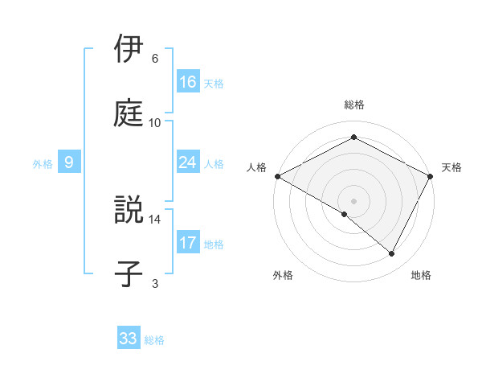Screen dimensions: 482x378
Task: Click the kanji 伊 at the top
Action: pyautogui.click(x=129, y=49)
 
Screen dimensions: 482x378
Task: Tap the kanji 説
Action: pyautogui.click(x=129, y=211)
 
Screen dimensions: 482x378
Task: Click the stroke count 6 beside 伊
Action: pyautogui.click(x=155, y=59)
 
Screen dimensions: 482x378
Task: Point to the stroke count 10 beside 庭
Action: pyautogui.click(x=155, y=122)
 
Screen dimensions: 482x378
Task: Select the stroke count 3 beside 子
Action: pyautogui.click(x=155, y=283)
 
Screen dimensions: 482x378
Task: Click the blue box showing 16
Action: pyautogui.click(x=188, y=82)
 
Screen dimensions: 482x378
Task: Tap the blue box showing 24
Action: pyautogui.click(x=188, y=162)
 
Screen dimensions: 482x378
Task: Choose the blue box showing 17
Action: pyautogui.click(x=188, y=243)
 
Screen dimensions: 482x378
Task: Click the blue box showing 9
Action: pyautogui.click(x=69, y=162)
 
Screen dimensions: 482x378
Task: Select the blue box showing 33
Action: pyautogui.click(x=129, y=339)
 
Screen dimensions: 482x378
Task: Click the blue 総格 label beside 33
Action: pyautogui.click(x=154, y=340)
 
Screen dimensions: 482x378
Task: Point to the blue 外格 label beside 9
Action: pyautogui.click(x=43, y=163)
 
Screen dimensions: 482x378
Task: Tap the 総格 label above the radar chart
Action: pyautogui.click(x=354, y=105)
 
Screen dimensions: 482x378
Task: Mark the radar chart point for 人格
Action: pyautogui.click(x=277, y=175)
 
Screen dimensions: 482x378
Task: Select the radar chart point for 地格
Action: pyautogui.click(x=392, y=253)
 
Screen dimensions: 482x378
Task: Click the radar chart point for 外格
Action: pyautogui.click(x=345, y=214)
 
